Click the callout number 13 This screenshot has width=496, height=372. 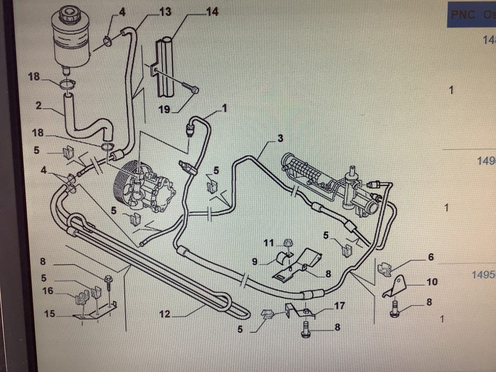(x=165, y=11)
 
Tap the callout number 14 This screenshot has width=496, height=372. (x=212, y=11)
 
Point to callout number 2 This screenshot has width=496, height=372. (x=39, y=105)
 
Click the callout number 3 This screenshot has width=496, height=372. (x=280, y=138)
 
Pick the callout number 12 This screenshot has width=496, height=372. (x=165, y=313)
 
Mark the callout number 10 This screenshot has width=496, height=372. (x=432, y=282)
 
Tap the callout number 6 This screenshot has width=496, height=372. (x=430, y=257)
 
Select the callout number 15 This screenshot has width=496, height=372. (x=49, y=313)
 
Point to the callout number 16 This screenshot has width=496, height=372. (x=48, y=291)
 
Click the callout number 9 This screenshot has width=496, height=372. (x=255, y=261)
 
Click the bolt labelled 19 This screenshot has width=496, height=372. (x=194, y=90)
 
